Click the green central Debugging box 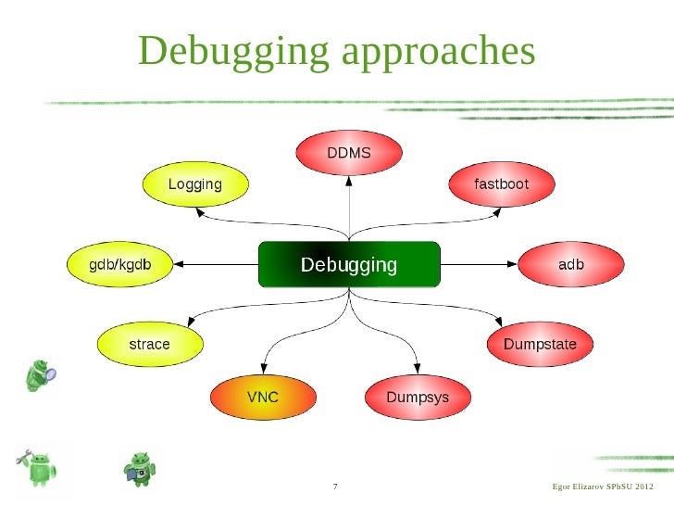[x=349, y=265]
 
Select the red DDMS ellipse [x=349, y=152]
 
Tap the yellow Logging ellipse [x=194, y=184]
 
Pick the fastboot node [x=501, y=184]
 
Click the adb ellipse [x=570, y=265]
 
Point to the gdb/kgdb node [x=119, y=265]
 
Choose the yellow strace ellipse [x=149, y=344]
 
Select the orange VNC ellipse [x=262, y=398]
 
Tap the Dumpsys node [x=417, y=398]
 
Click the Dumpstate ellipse [x=540, y=344]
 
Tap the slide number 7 [x=334, y=487]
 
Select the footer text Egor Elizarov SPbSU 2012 [x=602, y=487]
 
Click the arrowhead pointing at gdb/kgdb [x=181, y=265]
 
